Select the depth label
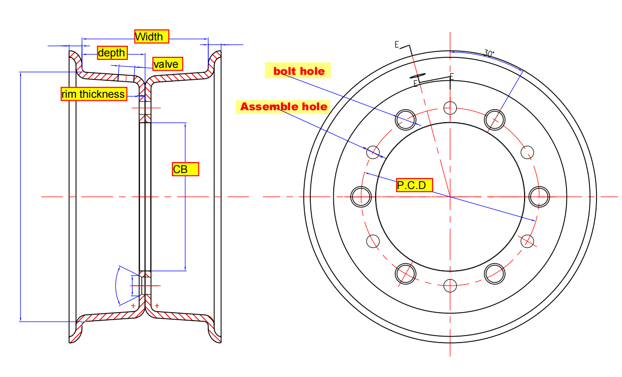click(x=112, y=53)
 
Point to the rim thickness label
click(x=93, y=94)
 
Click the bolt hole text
click(x=299, y=71)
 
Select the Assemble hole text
click(x=284, y=107)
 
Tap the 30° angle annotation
click(x=489, y=53)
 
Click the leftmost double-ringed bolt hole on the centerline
click(x=361, y=196)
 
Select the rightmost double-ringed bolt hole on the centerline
click(x=540, y=196)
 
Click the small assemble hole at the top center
click(x=450, y=107)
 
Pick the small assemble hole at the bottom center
click(x=450, y=286)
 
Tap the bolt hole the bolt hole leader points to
click(x=406, y=120)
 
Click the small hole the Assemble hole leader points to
click(x=373, y=152)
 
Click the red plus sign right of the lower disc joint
click(x=157, y=305)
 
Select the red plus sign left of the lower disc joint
click(x=133, y=305)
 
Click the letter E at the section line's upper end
click(x=397, y=45)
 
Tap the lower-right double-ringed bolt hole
click(x=495, y=274)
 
